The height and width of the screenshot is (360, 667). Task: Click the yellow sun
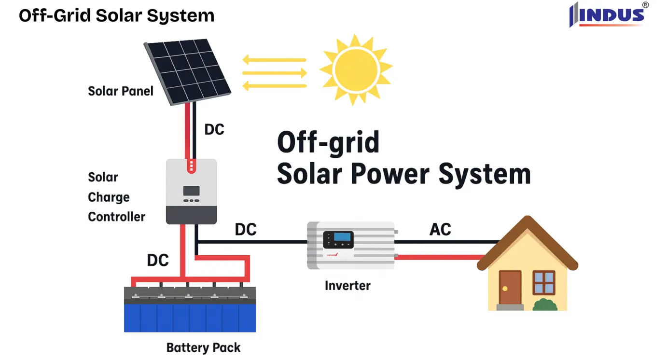pos(356,69)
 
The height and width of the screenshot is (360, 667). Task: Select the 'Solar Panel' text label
pos(120,91)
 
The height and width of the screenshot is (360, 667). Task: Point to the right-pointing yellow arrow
pos(275,73)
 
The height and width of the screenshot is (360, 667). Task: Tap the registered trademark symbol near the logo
pos(645,5)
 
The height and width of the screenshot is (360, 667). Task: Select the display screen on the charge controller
pos(191,191)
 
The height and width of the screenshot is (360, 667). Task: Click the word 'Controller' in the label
pos(116,217)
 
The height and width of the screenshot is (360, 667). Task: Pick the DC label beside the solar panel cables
pos(214,129)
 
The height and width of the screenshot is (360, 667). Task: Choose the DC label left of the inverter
pos(245,229)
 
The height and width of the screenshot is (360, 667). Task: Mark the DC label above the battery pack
pos(158,260)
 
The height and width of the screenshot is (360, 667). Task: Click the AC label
pos(440,229)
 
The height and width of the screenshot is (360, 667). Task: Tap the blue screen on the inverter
pos(342,237)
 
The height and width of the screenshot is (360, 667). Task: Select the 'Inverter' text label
pos(347,285)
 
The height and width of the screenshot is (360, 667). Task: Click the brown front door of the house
pos(510,288)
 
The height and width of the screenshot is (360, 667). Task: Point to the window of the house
pos(543,283)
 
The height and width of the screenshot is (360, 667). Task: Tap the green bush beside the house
pos(545,305)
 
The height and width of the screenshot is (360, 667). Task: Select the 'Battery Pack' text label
pos(203,347)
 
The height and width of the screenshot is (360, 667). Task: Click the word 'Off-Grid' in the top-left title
pos(55,15)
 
